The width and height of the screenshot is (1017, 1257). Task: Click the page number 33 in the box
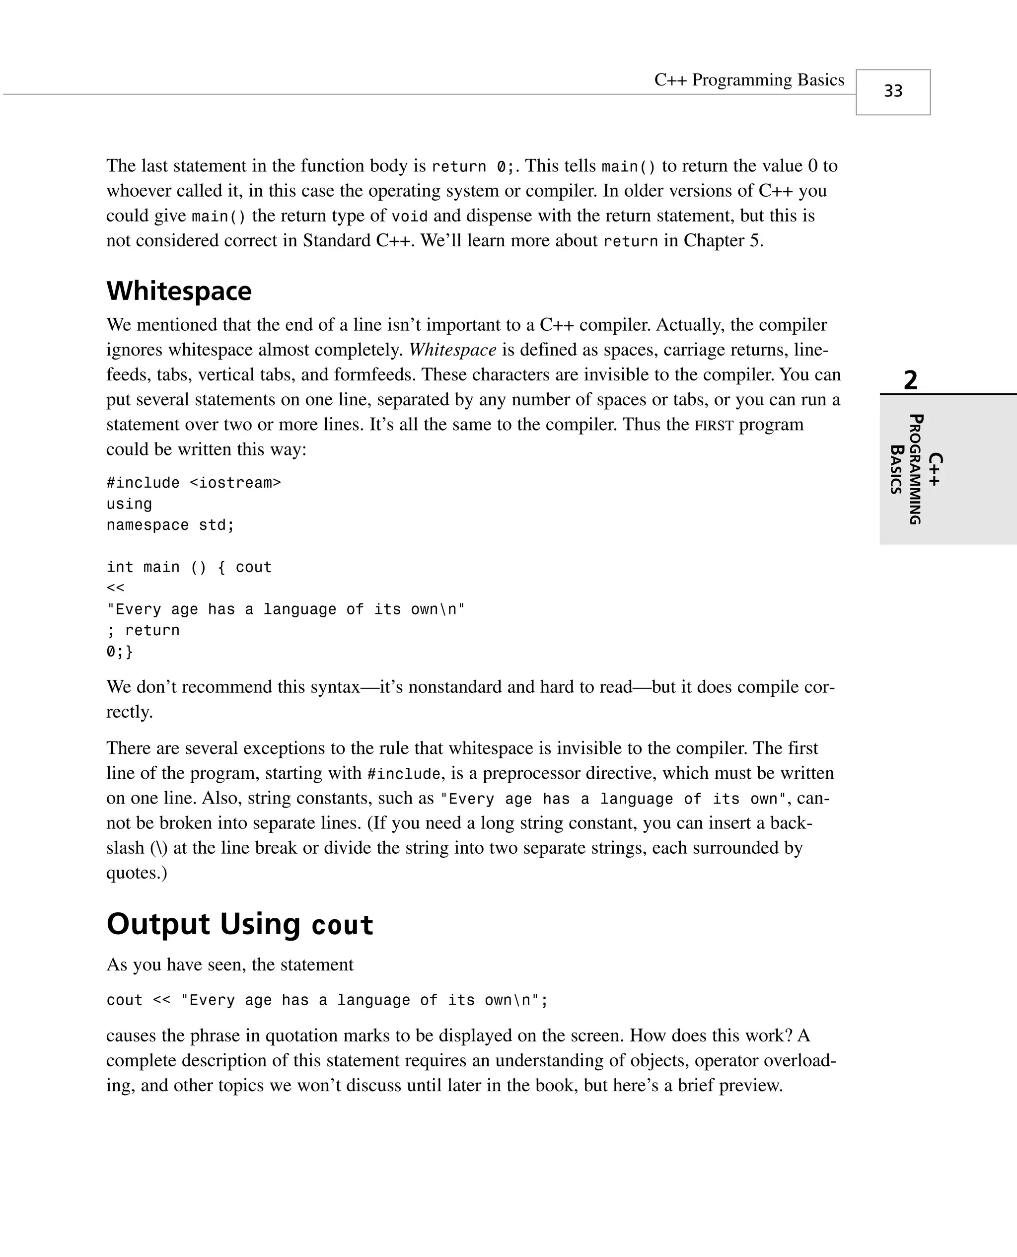[893, 91]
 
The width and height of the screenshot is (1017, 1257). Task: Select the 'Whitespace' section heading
[179, 291]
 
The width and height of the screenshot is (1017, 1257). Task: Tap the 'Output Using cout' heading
[240, 924]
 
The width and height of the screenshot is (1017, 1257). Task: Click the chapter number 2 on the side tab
[910, 381]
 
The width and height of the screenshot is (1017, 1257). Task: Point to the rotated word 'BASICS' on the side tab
[896, 469]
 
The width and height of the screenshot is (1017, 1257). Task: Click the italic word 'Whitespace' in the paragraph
[452, 350]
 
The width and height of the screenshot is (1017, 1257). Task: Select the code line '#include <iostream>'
[193, 483]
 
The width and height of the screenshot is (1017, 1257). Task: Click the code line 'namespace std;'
[170, 525]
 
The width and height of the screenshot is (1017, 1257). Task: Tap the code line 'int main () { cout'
[189, 567]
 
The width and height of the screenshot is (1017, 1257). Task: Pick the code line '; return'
[143, 630]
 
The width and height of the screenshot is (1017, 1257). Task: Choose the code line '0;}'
[120, 651]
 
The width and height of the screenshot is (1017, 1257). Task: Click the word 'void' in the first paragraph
[410, 216]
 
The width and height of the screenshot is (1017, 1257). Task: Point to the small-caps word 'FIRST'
[714, 425]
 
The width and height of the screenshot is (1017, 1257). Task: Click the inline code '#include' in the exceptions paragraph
[403, 774]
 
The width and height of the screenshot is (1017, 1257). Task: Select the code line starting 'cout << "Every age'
[327, 1000]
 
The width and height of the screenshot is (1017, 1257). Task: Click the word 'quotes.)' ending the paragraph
[137, 873]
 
